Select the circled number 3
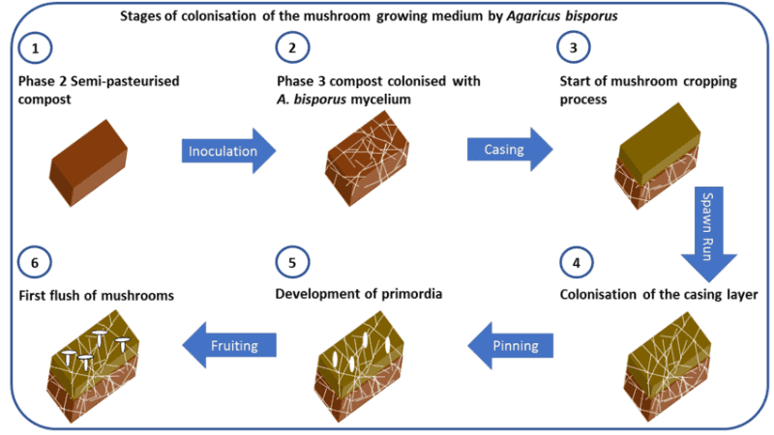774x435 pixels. pos(570,48)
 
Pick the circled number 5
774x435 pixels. pos(289,261)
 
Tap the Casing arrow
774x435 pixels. pos(509,151)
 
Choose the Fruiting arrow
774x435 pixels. pos(229,342)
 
